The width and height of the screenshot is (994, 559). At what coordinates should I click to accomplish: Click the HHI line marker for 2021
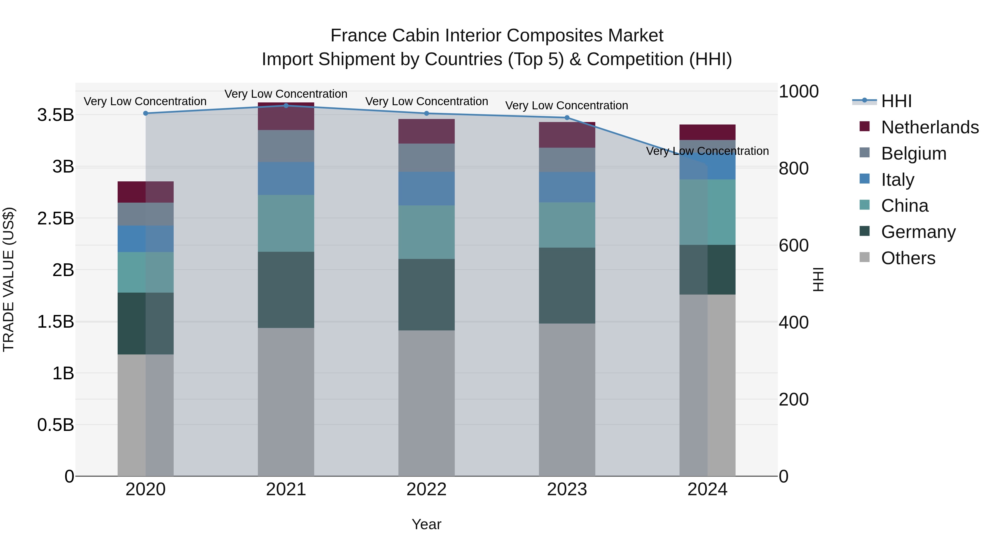pyautogui.click(x=286, y=106)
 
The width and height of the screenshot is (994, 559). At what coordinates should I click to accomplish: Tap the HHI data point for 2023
pyautogui.click(x=567, y=118)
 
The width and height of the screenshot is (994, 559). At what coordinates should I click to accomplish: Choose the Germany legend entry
pyautogui.click(x=918, y=232)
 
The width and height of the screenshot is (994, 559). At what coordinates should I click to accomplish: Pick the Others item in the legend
pyautogui.click(x=908, y=258)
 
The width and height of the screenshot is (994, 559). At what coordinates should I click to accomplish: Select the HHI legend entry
pyautogui.click(x=896, y=101)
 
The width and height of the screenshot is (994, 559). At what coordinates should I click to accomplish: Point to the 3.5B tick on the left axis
pyautogui.click(x=55, y=115)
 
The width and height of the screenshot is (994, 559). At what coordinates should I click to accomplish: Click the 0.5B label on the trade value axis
pyautogui.click(x=55, y=425)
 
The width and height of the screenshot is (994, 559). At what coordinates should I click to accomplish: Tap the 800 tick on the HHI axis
pyautogui.click(x=793, y=168)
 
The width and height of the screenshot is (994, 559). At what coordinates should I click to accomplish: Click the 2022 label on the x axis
pyautogui.click(x=426, y=489)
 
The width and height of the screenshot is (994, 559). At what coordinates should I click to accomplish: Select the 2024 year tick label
pyautogui.click(x=707, y=489)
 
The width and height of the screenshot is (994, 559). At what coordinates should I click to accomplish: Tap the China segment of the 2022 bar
pyautogui.click(x=426, y=232)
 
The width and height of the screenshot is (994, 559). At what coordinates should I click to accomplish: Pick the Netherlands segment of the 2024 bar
pyautogui.click(x=707, y=132)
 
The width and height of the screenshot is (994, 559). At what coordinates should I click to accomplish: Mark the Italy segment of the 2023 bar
pyautogui.click(x=567, y=187)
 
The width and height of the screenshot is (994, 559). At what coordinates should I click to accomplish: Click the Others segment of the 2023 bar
pyautogui.click(x=567, y=399)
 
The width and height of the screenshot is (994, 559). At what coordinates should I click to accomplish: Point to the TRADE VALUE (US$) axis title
pyautogui.click(x=9, y=279)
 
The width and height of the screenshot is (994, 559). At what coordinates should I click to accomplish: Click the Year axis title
pyautogui.click(x=426, y=524)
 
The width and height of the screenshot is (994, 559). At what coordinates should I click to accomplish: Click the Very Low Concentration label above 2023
pyautogui.click(x=567, y=105)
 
